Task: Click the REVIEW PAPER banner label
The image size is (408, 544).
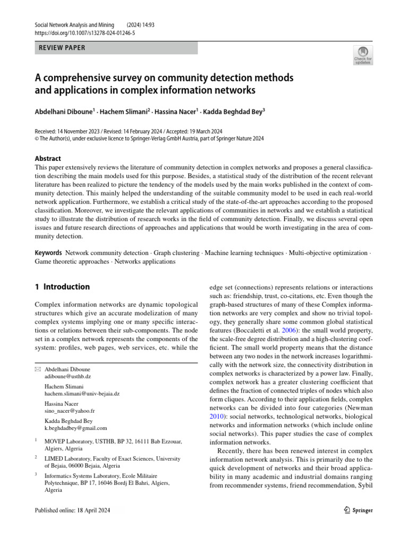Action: (x=62, y=48)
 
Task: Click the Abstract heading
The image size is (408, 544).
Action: (x=48, y=158)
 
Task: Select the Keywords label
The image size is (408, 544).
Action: (x=48, y=253)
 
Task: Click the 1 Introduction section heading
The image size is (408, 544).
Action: (x=62, y=287)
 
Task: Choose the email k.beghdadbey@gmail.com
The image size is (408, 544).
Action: (x=75, y=428)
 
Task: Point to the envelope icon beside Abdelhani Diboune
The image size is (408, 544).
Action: (x=37, y=368)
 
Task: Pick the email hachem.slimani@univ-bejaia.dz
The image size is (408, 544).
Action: (x=82, y=393)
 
